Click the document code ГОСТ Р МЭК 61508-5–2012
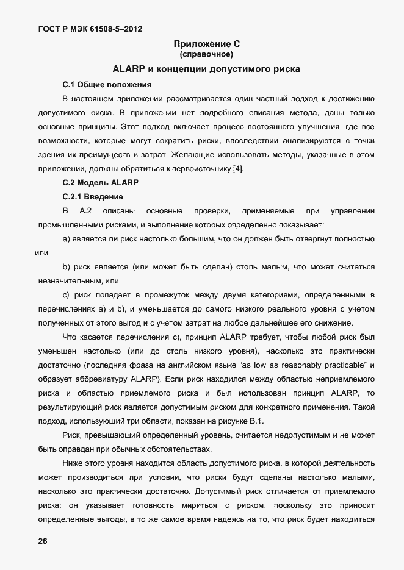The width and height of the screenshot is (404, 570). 85,28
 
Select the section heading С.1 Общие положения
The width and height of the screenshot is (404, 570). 107,84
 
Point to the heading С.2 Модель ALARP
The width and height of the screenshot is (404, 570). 101,182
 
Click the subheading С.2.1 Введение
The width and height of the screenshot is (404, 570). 93,197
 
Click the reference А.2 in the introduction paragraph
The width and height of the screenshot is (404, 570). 85,211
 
